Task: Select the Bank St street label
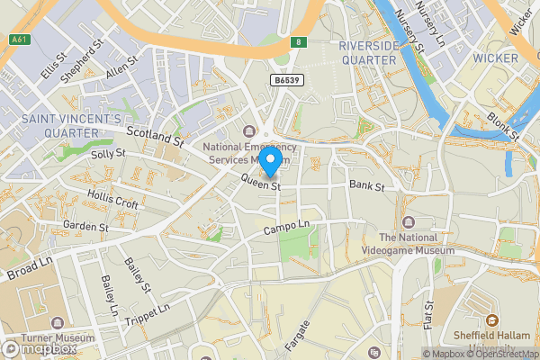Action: pyautogui.click(x=366, y=186)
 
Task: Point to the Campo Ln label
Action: pyautogui.click(x=286, y=227)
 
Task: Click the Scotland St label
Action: pyautogui.click(x=155, y=137)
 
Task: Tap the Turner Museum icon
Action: pyautogui.click(x=58, y=321)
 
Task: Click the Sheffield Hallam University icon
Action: pyautogui.click(x=491, y=319)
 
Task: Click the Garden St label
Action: pyautogui.click(x=85, y=227)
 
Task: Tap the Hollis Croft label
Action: pyautogui.click(x=113, y=199)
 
